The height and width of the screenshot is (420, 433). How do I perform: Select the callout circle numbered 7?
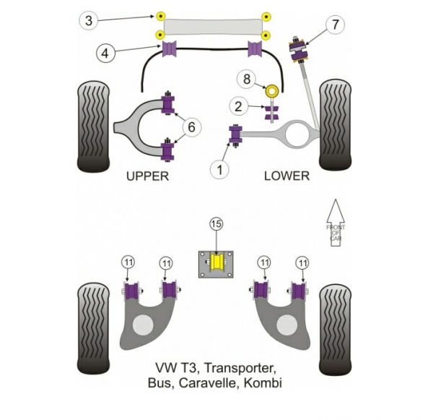(334, 25)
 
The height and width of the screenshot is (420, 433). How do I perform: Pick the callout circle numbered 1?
(218, 169)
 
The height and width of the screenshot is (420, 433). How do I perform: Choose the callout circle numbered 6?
(191, 127)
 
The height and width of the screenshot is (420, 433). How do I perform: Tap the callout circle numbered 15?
(217, 225)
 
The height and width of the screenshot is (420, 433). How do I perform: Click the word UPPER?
(147, 175)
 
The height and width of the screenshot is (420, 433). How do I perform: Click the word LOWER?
(287, 175)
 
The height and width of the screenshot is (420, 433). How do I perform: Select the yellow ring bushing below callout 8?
(273, 91)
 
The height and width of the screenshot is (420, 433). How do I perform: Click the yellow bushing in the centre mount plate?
(217, 263)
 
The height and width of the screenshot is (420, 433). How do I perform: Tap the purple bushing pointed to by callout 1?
(235, 134)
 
